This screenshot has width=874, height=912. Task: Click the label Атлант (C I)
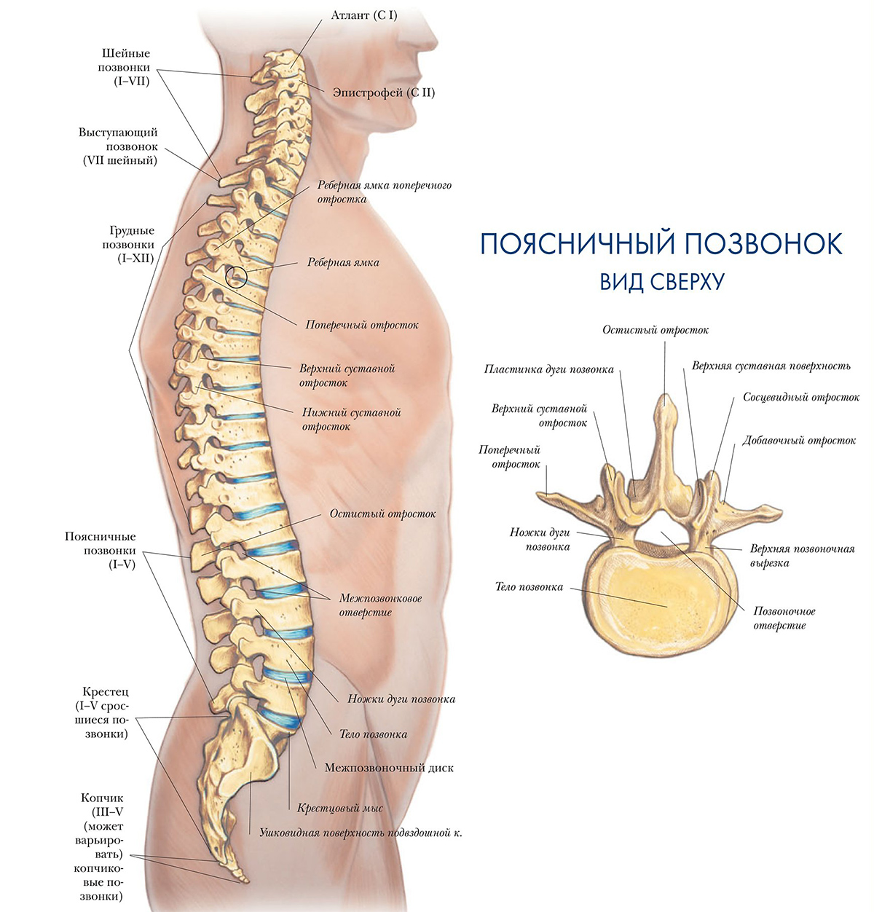coord(363,15)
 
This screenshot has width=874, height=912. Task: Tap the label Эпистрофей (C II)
coord(383,93)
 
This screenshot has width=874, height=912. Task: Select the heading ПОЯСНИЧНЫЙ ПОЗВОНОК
coord(661,244)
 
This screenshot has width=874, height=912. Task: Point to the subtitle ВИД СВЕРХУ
coord(662,282)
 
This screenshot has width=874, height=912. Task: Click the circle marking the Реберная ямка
coord(236,277)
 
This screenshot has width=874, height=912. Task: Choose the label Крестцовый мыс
coord(339,808)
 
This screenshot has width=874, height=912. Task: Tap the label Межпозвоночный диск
coord(389,768)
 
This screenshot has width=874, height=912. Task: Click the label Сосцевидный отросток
coord(801,398)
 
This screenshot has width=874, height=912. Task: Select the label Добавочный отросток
coord(798,441)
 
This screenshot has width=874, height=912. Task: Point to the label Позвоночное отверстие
coord(784,618)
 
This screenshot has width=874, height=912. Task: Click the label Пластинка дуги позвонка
coord(548,369)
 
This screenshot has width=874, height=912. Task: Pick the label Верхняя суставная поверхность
coord(771,366)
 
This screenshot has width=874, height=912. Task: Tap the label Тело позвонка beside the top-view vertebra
coord(529,587)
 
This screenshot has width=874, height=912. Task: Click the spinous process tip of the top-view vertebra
coord(664,396)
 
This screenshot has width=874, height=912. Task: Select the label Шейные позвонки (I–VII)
coord(125,68)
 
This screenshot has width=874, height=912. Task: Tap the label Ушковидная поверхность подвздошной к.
coord(361,833)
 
